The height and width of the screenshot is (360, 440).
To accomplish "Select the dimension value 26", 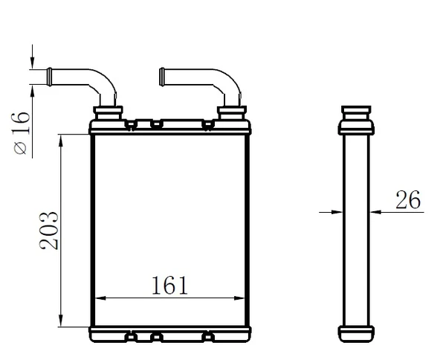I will tap(407, 199).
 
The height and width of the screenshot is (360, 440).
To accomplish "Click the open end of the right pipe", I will tap(161, 75).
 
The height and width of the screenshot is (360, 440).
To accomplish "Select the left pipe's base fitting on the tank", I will tap(108, 113).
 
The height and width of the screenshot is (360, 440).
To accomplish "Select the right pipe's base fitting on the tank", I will tap(230, 113).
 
